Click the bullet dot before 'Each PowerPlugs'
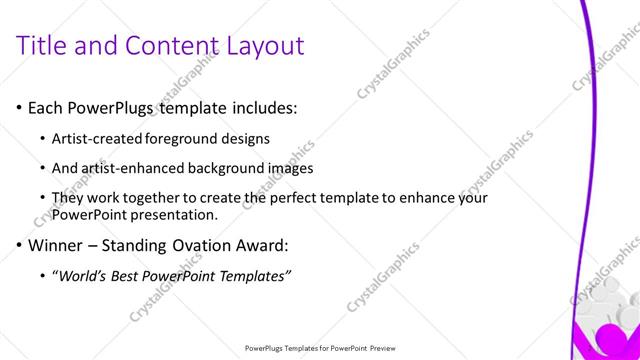pos(19,107)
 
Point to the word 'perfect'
pos(284,198)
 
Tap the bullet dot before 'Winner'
pos(19,245)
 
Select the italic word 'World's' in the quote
pos(85,275)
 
